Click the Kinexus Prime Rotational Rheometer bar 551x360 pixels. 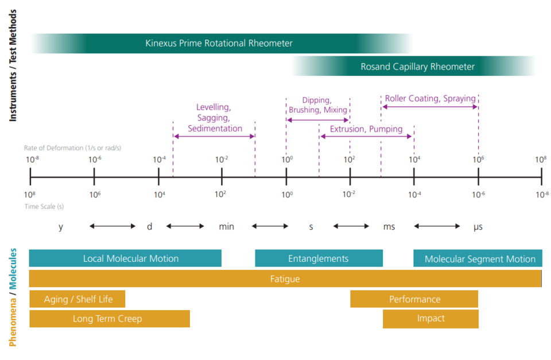tap(219, 44)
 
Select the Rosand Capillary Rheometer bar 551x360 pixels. tap(417, 67)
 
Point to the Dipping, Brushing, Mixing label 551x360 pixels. tap(317, 105)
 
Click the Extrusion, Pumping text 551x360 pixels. tap(366, 129)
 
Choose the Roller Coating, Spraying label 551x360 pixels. tap(430, 98)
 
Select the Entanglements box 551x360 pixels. tap(319, 259)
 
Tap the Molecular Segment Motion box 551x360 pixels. tap(479, 259)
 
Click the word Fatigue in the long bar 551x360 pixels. tap(285, 279)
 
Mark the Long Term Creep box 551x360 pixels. tap(109, 319)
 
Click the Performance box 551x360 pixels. tap(414, 299)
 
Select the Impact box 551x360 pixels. tap(430, 319)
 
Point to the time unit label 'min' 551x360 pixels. tap(226, 227)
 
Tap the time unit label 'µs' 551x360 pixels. tap(478, 227)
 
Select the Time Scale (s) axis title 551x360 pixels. tap(44, 206)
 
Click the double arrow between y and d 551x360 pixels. tap(112, 226)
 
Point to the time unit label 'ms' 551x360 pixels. tap(389, 227)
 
